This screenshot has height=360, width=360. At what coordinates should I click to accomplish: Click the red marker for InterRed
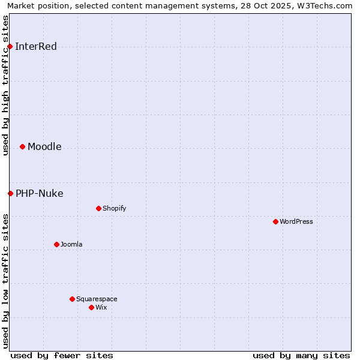(10, 46)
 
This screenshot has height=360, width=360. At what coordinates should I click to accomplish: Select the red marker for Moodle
(22, 146)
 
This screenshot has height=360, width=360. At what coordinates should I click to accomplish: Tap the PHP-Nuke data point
(10, 193)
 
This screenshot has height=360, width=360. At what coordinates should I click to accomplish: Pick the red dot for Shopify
(98, 208)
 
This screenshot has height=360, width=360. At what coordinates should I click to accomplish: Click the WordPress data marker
(275, 221)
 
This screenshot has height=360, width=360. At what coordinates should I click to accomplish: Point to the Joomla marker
(56, 244)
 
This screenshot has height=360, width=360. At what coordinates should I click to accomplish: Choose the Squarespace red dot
(72, 299)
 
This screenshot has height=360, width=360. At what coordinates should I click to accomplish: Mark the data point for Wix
(91, 307)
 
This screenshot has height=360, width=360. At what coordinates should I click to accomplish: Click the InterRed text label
(36, 47)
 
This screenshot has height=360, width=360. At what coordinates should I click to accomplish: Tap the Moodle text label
(44, 147)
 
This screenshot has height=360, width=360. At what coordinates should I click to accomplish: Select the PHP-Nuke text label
(40, 193)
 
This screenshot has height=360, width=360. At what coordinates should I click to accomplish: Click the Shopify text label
(114, 209)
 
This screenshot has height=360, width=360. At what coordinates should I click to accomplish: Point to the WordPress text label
(296, 222)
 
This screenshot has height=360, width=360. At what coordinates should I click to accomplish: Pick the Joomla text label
(71, 245)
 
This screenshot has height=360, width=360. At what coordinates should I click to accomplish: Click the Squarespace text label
(97, 299)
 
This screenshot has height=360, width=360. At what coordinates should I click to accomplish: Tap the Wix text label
(101, 308)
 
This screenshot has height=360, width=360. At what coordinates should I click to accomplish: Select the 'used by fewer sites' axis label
(62, 355)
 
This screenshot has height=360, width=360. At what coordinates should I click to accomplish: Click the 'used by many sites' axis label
(301, 355)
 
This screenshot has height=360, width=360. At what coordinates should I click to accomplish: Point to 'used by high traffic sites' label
(5, 85)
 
